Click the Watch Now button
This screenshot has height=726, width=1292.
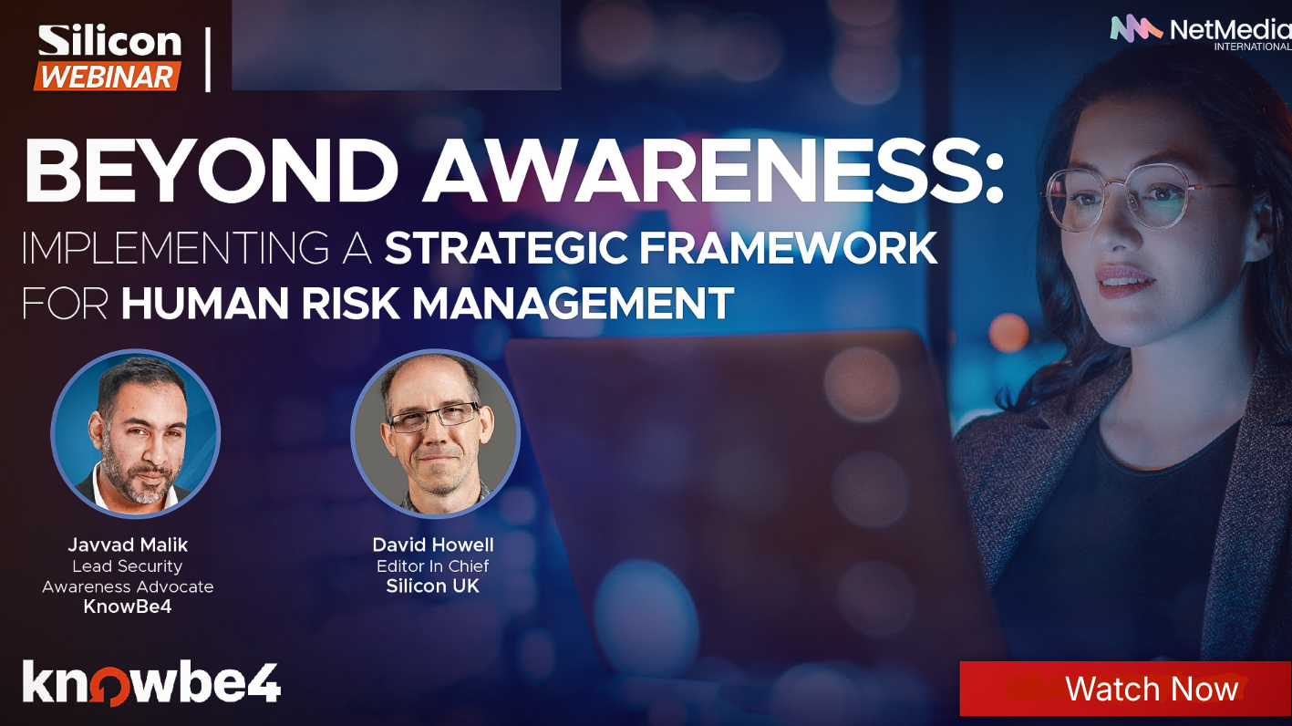[x=1125, y=689]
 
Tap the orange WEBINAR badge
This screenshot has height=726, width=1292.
[x=108, y=77]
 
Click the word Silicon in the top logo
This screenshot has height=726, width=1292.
[x=109, y=41]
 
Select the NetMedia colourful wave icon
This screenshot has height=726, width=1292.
[x=1136, y=29]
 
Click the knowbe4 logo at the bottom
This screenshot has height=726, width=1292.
[x=151, y=683]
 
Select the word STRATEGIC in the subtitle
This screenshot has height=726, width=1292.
[x=506, y=248]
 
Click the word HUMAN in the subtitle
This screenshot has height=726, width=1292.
[x=205, y=303]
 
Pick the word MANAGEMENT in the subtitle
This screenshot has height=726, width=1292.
[x=574, y=303]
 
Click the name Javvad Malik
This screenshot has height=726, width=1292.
[x=128, y=544]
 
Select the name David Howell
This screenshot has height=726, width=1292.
[x=432, y=544]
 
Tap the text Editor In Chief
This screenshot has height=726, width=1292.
[x=432, y=565]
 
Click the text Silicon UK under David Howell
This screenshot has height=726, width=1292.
[x=432, y=586]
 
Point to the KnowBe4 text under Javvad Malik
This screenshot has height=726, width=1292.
[x=128, y=607]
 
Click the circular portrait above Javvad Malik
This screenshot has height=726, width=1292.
[x=136, y=433]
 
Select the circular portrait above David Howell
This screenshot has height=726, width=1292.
[x=436, y=433]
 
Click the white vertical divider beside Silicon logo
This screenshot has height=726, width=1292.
[x=208, y=59]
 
